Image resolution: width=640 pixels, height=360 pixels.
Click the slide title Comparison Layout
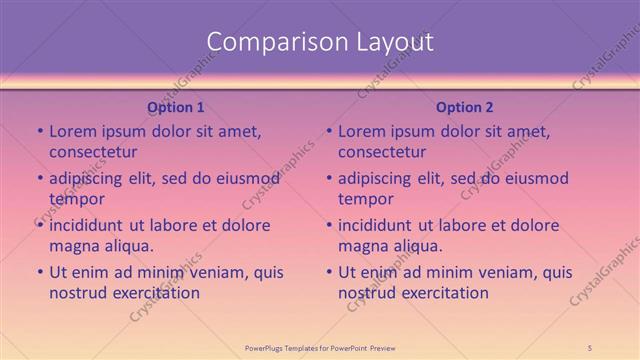pos(320,41)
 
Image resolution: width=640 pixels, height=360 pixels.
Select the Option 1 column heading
pos(176,107)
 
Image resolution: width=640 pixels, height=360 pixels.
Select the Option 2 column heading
pos(465,107)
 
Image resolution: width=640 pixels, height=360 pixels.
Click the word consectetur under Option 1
pos(93,152)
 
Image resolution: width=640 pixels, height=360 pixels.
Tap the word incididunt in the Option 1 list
pos(88,224)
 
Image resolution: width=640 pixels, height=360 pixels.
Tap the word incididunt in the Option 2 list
pos(377,224)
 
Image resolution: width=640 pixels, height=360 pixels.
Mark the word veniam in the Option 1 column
pos(219,271)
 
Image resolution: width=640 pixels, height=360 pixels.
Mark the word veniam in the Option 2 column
pos(508,271)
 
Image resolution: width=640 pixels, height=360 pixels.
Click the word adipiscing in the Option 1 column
pos(87,178)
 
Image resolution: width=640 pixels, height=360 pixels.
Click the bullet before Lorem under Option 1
pos(39,131)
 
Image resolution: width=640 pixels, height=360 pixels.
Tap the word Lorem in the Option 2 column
pos(361,131)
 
